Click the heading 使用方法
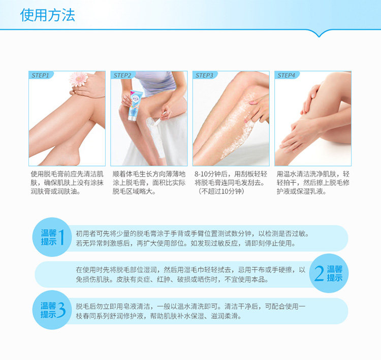tap(48, 15)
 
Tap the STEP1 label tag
tap(40, 75)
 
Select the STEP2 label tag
tap(122, 75)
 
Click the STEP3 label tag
tap(204, 75)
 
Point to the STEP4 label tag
tap(286, 75)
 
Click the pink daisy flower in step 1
tap(78, 79)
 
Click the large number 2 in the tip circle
tap(319, 274)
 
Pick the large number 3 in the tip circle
tap(62, 310)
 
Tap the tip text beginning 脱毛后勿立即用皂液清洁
tap(190, 311)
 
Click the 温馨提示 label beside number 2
tap(334, 274)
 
